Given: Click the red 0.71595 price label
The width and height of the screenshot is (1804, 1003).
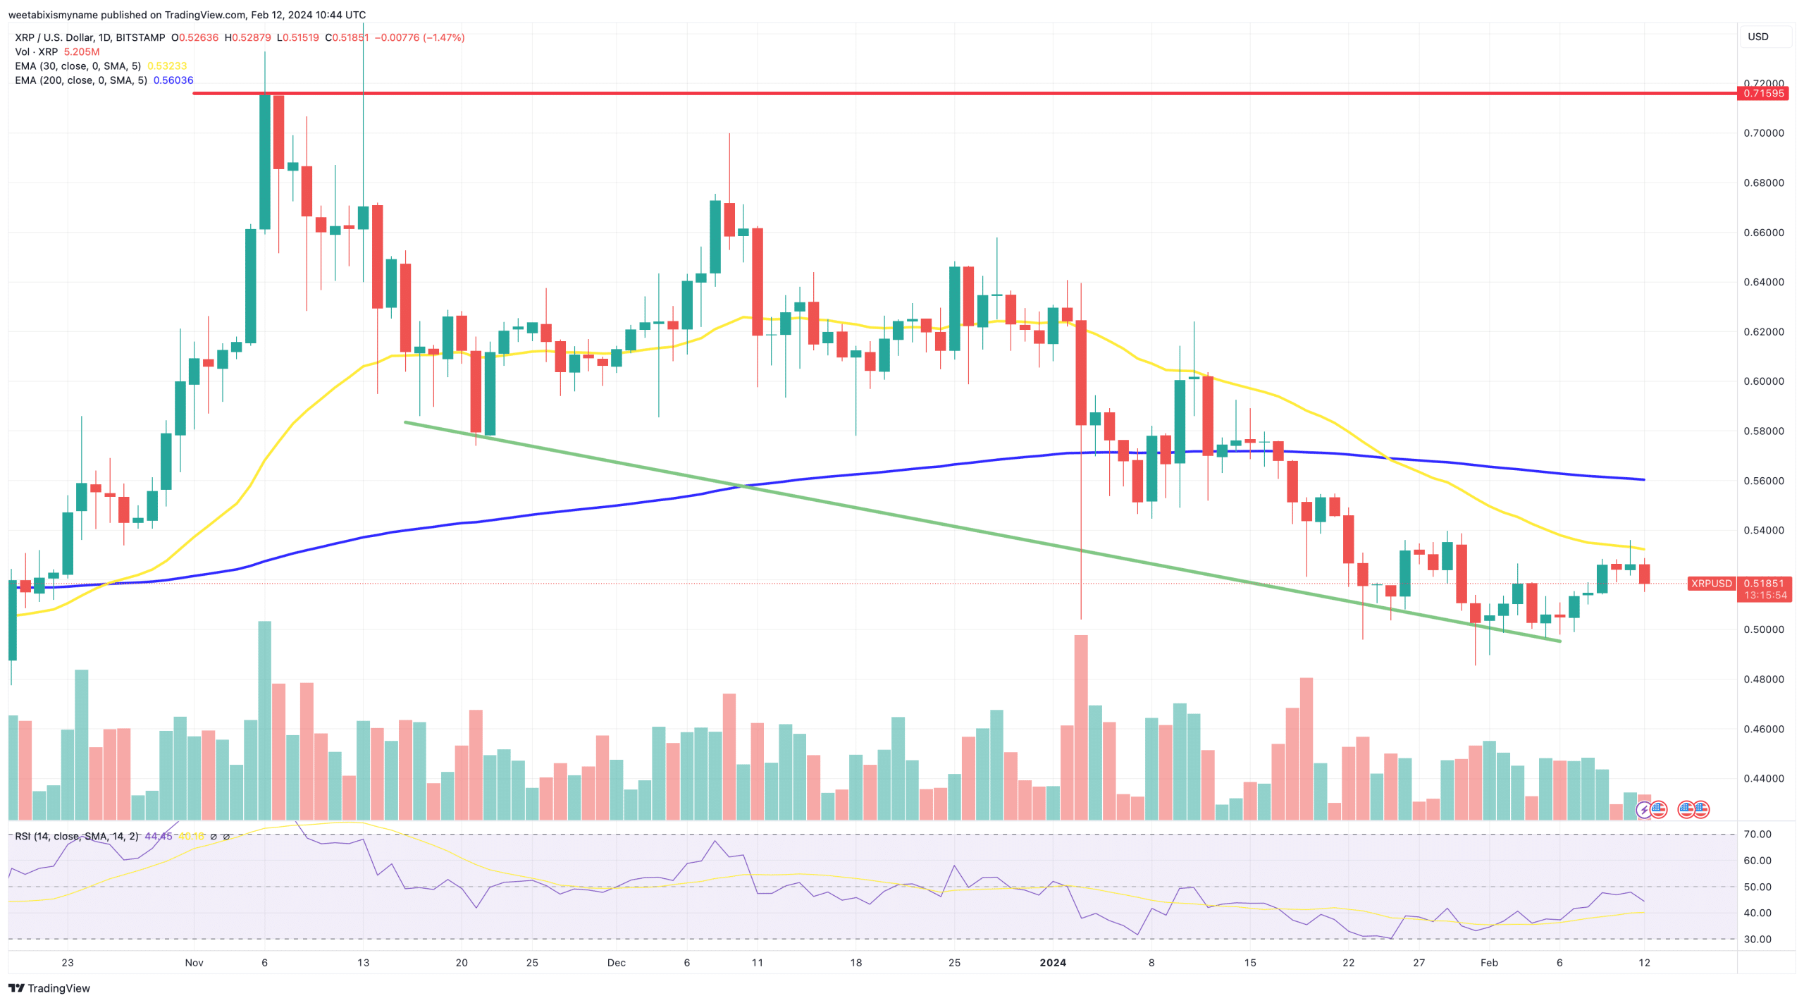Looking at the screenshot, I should [1763, 93].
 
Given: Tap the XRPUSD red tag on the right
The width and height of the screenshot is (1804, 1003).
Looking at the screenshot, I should [1711, 584].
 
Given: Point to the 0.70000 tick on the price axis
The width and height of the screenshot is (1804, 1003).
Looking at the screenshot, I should [1763, 133].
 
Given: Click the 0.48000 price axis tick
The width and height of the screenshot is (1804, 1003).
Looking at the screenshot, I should [1763, 679].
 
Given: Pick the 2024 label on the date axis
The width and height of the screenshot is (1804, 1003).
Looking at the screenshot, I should [1053, 963].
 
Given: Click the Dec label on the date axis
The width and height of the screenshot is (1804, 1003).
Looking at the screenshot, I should [616, 963].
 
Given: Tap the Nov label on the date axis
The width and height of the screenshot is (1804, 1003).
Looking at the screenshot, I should [194, 963].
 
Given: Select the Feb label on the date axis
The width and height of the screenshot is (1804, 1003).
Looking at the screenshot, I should [1489, 963].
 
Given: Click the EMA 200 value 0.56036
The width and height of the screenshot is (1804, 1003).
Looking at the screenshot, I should [173, 80].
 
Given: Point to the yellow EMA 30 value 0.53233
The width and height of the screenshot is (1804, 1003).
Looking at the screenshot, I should [167, 66].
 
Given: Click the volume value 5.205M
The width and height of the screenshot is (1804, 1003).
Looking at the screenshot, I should [82, 52].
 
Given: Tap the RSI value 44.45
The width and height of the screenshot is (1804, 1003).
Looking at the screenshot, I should [158, 837].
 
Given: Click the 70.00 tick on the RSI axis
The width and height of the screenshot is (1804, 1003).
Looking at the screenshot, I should [1757, 835].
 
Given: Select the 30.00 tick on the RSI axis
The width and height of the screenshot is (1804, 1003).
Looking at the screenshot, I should [1757, 940].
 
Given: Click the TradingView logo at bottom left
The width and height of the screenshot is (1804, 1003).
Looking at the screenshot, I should [49, 988].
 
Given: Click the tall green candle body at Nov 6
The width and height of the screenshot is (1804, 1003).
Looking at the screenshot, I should [265, 162].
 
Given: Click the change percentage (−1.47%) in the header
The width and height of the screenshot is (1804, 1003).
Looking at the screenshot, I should [444, 37].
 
